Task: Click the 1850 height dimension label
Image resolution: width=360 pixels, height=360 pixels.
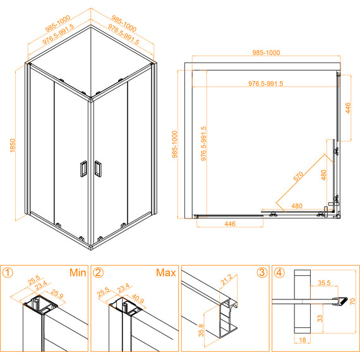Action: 13,145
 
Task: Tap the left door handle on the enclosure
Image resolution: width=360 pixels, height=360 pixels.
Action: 83,169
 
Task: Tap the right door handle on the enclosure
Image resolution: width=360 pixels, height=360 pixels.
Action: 98,169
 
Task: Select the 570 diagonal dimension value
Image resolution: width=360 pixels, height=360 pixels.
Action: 298,176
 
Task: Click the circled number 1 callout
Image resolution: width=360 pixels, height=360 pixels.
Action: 8,273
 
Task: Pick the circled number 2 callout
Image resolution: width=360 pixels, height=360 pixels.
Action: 99,273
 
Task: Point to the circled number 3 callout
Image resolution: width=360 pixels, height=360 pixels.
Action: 262,272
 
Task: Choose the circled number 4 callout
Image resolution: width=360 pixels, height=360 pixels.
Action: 279,272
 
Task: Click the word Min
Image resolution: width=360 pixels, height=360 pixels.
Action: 78,272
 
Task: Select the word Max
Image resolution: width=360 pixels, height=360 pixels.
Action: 165,272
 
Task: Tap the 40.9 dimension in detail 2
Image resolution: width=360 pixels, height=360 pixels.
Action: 138,299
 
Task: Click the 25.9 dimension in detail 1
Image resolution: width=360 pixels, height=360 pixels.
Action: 57,294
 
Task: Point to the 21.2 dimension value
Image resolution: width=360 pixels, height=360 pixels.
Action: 226,279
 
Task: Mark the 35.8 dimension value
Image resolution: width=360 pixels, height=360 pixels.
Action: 201,330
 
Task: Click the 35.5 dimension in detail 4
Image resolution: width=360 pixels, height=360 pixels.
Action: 324,282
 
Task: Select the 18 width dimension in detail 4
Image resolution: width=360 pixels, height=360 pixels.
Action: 303,340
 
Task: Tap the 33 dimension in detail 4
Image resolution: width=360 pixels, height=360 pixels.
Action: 320,318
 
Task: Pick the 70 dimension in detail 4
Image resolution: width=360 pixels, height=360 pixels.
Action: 352,301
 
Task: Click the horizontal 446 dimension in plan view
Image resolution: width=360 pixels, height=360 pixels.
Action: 230,224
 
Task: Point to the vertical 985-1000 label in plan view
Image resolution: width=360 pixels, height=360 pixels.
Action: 175,144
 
